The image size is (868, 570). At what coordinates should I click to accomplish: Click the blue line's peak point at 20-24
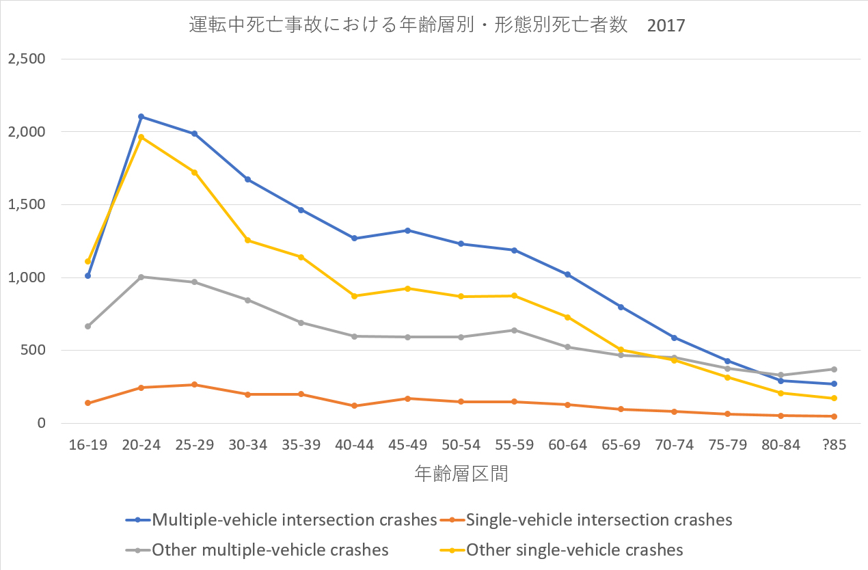tap(141, 116)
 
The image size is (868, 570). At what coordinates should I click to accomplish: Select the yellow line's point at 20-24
tap(141, 137)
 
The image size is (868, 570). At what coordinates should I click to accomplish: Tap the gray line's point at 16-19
tap(88, 326)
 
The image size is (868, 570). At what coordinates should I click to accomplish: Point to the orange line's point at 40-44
tap(354, 406)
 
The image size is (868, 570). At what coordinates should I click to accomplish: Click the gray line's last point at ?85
tap(835, 369)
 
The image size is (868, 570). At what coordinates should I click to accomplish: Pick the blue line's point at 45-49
tap(407, 230)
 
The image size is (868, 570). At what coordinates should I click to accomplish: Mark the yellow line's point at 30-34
tap(247, 240)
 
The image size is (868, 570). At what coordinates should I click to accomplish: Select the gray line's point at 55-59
tap(514, 330)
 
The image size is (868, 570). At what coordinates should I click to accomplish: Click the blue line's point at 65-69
tap(621, 307)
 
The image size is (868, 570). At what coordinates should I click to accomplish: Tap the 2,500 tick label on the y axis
tap(26, 59)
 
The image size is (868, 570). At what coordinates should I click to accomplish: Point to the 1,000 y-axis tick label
tap(26, 277)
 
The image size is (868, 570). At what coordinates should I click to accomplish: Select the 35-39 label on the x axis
tap(301, 445)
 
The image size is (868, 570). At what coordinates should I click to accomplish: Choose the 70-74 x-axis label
tap(674, 445)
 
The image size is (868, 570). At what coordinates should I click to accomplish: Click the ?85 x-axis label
tap(835, 445)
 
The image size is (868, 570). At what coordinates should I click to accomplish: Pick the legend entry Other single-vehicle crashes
tap(574, 550)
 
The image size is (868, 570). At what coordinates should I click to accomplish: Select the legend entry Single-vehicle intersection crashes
tap(599, 520)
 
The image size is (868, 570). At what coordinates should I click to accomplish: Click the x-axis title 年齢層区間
tap(461, 474)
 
